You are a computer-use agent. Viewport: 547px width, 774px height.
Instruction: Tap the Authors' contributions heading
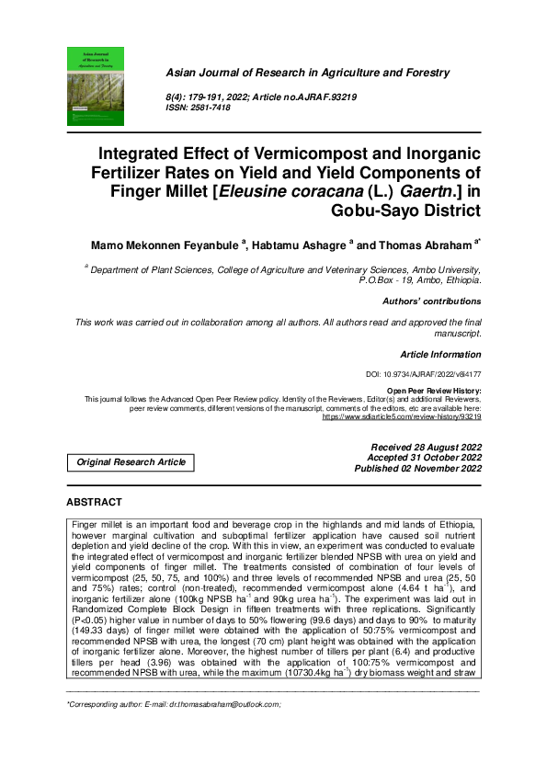(431, 301)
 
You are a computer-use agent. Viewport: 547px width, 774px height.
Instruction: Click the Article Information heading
(440, 354)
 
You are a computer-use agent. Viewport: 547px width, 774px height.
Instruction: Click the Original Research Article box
(131, 462)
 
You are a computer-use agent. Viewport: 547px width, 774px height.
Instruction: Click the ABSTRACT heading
(94, 502)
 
